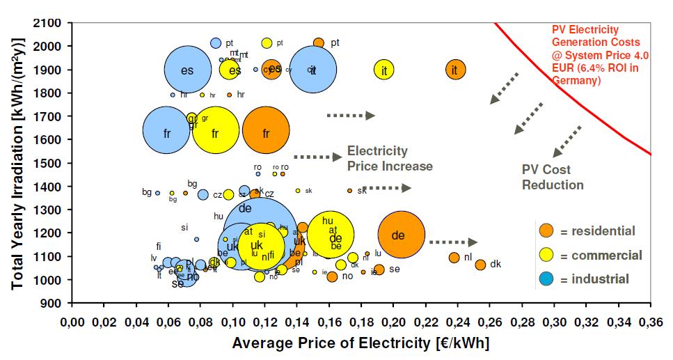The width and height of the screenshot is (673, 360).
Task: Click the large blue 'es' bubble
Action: point(187,70)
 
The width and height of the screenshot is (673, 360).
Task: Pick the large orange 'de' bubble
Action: point(401,235)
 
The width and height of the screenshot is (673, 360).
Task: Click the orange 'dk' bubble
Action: point(480,265)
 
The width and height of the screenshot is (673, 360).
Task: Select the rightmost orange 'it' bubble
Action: point(455,70)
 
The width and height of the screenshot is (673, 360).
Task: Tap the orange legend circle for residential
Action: point(547,231)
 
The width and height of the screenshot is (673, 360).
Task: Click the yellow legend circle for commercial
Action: point(547,255)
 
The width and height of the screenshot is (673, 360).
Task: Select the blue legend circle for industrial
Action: point(547,279)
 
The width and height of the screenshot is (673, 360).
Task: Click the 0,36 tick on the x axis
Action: point(651,323)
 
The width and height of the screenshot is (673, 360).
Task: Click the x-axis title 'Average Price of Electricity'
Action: point(361,343)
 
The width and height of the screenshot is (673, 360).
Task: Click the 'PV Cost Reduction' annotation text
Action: point(553,177)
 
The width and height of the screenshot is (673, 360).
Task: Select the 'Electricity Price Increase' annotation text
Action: point(389,158)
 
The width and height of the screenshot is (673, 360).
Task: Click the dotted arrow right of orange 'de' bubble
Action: point(453,242)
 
